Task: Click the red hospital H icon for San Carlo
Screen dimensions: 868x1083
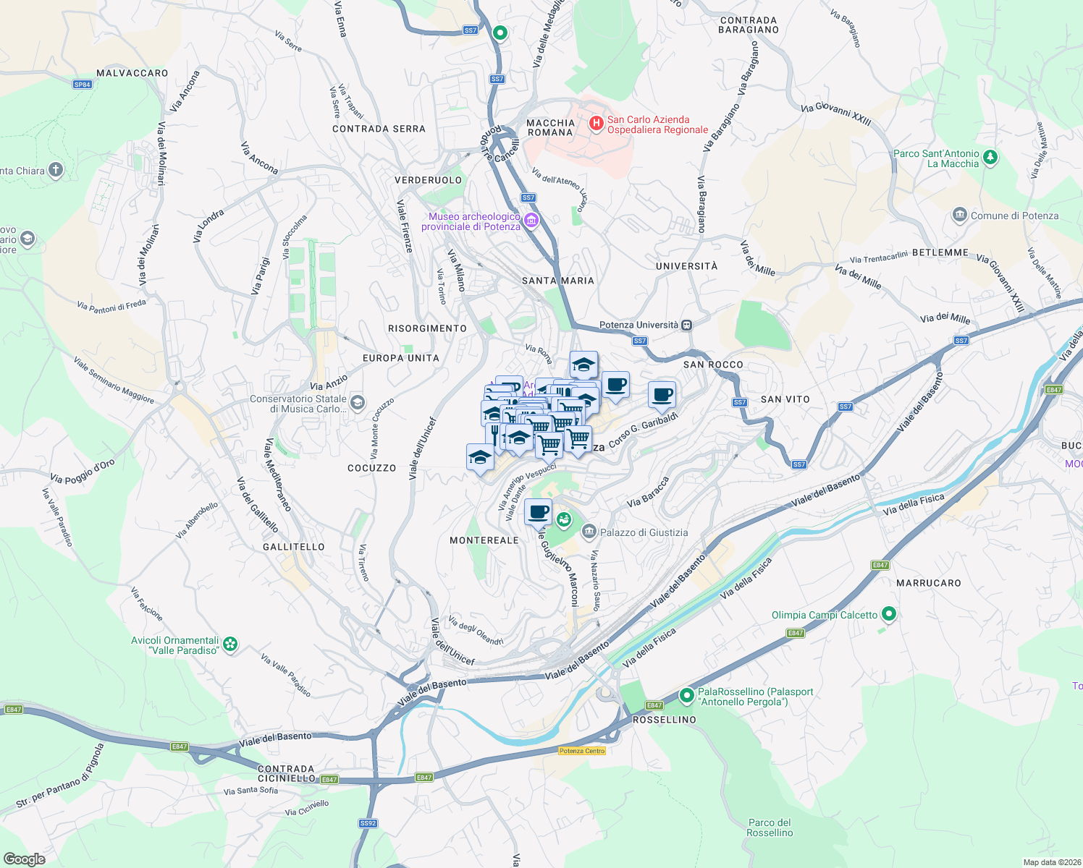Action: coord(596,124)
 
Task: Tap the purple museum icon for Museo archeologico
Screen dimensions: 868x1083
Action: coord(531,221)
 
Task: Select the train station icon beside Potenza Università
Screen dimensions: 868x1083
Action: coord(687,325)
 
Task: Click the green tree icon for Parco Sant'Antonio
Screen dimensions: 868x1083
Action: coord(990,157)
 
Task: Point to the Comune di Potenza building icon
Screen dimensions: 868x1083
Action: coord(960,215)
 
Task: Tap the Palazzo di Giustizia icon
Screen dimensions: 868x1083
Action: coord(589,532)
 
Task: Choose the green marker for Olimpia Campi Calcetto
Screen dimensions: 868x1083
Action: coord(889,615)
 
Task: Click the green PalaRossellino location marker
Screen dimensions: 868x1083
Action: coord(686,697)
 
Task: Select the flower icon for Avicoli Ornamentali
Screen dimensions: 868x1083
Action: coord(230,644)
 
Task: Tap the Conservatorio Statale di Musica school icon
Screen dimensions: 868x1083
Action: coord(357,402)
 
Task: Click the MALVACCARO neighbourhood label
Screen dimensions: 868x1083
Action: coord(132,73)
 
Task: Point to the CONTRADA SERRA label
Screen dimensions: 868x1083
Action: coord(379,129)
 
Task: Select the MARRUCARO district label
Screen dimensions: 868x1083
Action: coord(929,583)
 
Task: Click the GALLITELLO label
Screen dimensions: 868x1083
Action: coord(294,547)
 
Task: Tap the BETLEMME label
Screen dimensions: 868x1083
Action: coord(940,252)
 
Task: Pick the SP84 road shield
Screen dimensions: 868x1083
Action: coord(83,85)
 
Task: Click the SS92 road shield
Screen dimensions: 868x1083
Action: coord(368,823)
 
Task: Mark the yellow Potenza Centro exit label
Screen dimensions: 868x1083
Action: coord(582,751)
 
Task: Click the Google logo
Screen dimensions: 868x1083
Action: coord(24,859)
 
